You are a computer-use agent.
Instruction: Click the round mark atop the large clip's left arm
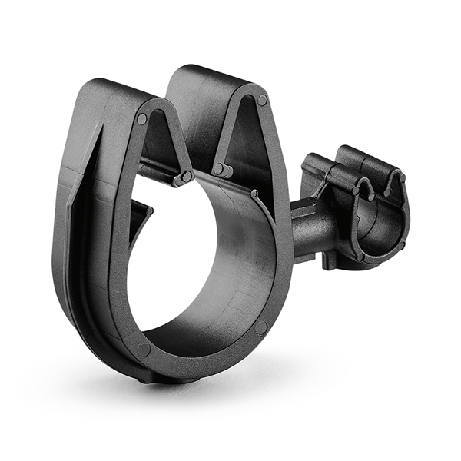pos(142,119)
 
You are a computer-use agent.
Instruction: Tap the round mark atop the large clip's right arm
pos(263,100)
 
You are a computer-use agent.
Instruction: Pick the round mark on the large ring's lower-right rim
pos(261,327)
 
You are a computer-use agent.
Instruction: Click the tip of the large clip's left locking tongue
pos(184,178)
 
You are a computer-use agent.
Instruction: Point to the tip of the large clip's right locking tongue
pos(219,168)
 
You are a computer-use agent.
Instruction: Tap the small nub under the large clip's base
pos(146,379)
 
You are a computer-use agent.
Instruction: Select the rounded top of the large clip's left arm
pos(108,88)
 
